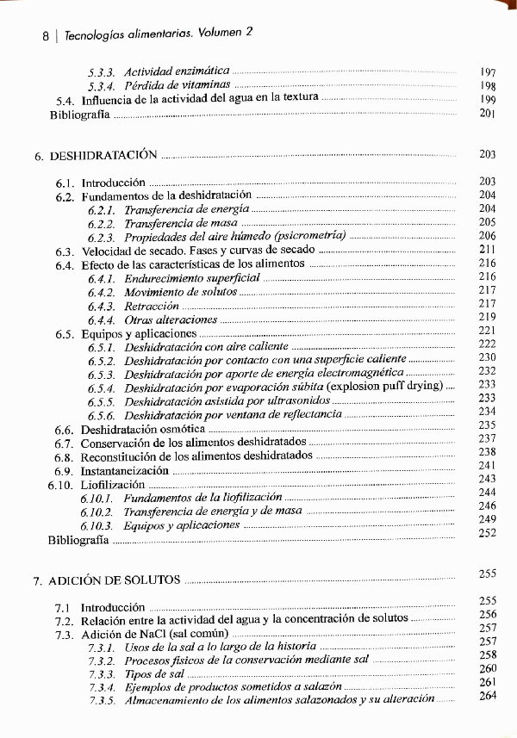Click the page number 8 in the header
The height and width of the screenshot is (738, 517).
tap(45, 37)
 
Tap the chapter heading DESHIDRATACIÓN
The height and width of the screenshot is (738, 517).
tap(103, 156)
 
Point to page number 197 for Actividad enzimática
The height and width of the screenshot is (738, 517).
tap(488, 71)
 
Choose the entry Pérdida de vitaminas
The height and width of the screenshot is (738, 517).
tap(177, 85)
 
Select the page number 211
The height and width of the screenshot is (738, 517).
tap(487, 250)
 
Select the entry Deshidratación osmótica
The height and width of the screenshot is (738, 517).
tap(143, 429)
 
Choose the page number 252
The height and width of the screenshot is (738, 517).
tap(488, 533)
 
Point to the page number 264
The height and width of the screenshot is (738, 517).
tap(488, 695)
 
